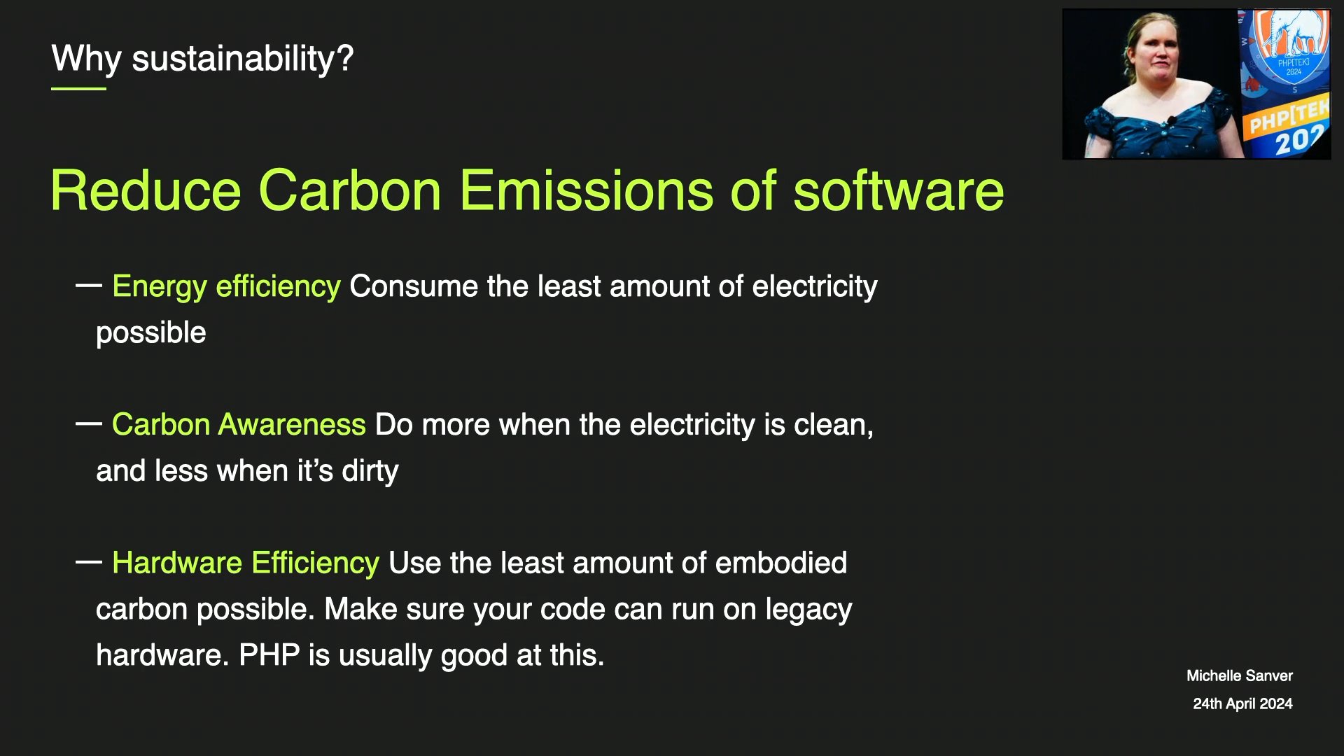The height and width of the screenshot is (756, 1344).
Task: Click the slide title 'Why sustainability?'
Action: (x=202, y=58)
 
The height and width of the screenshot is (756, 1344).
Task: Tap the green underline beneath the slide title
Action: (x=78, y=89)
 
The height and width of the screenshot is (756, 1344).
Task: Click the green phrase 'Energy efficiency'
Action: (x=226, y=287)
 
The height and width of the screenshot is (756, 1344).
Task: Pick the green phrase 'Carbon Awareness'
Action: (x=239, y=425)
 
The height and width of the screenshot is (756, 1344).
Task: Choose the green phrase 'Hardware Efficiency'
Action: (x=246, y=563)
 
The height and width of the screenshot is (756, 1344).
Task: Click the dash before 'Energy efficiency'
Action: (x=89, y=285)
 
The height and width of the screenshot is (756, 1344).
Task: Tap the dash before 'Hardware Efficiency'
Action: (x=89, y=561)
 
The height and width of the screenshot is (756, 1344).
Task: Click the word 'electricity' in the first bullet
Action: (x=815, y=287)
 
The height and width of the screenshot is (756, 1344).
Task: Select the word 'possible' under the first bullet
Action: (x=151, y=333)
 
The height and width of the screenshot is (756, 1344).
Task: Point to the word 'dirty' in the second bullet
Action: (x=370, y=471)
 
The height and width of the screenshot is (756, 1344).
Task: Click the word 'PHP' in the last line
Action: (x=269, y=655)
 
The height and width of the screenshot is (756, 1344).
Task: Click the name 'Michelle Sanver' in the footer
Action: (x=1240, y=676)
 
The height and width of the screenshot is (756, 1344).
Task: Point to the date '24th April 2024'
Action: (x=1242, y=704)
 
